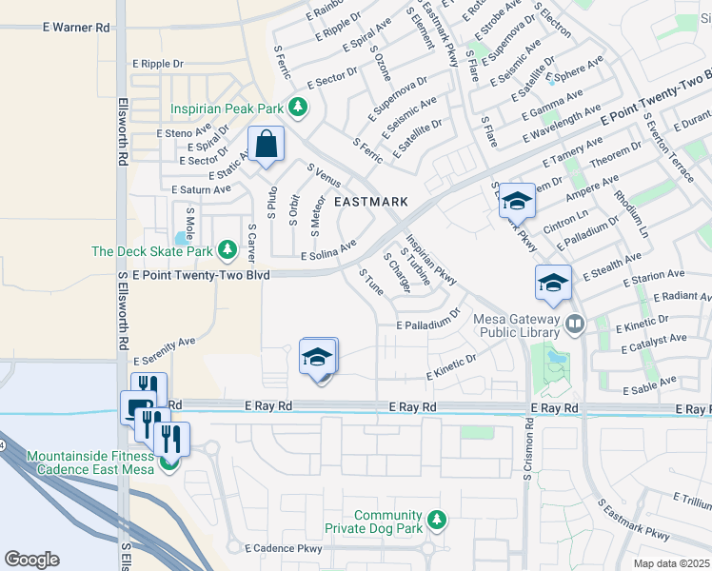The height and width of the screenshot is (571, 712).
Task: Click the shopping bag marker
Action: click(267, 146)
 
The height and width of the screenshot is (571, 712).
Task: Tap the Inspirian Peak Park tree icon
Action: click(299, 107)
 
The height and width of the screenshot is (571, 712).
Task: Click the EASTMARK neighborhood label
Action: click(370, 202)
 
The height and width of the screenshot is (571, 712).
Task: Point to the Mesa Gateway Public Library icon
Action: click(574, 325)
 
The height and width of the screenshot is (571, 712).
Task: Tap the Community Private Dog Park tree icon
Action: click(436, 520)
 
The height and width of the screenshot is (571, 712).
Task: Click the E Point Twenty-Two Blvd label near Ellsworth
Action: click(202, 275)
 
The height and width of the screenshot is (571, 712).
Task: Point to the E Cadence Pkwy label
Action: click(284, 548)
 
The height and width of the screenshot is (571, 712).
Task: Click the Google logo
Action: click(31, 560)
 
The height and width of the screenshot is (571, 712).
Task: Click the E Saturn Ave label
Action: click(201, 189)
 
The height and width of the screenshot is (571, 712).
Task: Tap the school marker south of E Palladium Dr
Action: click(318, 358)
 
